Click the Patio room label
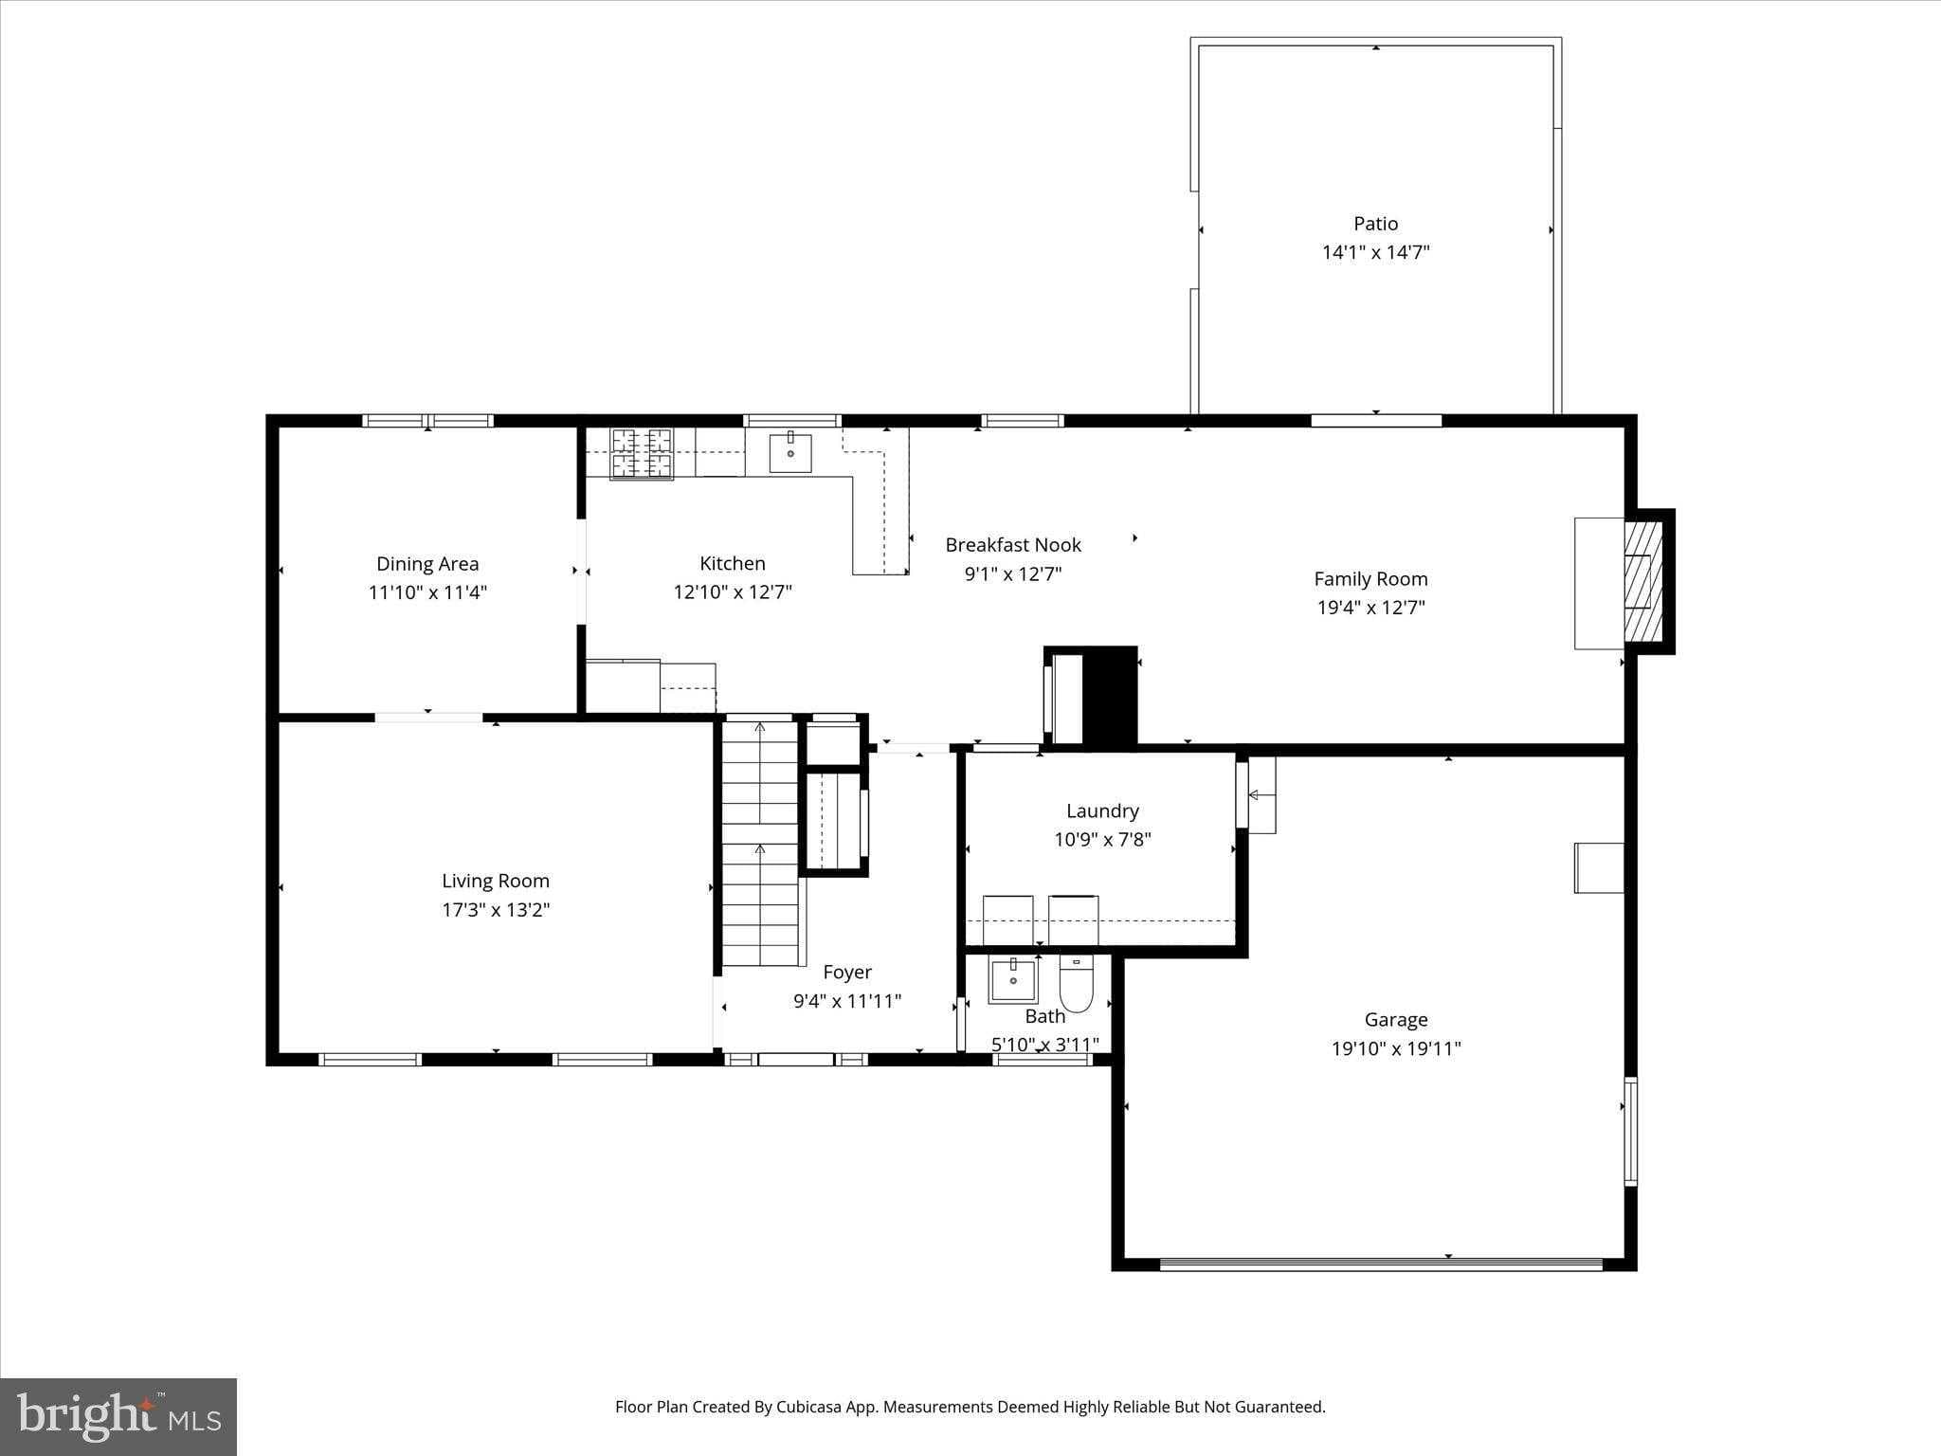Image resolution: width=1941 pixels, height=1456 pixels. [x=1375, y=224]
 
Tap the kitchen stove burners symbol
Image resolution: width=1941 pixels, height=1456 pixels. [x=642, y=453]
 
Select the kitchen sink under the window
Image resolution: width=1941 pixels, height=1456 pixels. [x=789, y=452]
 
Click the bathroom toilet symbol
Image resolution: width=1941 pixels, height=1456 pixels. [x=1077, y=985]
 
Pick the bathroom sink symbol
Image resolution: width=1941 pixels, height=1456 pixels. [x=1012, y=979]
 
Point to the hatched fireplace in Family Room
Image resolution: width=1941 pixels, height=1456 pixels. [x=1644, y=581]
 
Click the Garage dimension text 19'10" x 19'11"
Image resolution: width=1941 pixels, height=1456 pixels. [x=1395, y=1048]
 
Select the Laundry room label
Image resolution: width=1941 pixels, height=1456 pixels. [x=1102, y=810]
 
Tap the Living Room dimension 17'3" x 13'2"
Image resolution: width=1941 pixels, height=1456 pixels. [x=496, y=910]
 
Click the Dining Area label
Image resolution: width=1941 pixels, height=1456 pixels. [x=427, y=564]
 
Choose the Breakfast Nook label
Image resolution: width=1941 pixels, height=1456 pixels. [x=1012, y=545]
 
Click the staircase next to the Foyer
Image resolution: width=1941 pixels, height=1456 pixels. [x=760, y=844]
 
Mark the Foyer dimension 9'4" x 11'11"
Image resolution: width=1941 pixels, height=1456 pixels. [x=846, y=1001]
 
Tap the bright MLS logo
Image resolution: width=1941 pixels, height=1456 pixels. [x=118, y=1417]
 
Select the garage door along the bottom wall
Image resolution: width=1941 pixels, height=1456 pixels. [x=1380, y=1264]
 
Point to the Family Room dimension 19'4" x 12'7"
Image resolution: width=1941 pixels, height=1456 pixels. [x=1370, y=608]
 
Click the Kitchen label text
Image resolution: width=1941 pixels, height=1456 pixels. [x=732, y=563]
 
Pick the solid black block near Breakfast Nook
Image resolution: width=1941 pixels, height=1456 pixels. [x=1110, y=697]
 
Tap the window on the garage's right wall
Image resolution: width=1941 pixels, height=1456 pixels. [x=1630, y=1131]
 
